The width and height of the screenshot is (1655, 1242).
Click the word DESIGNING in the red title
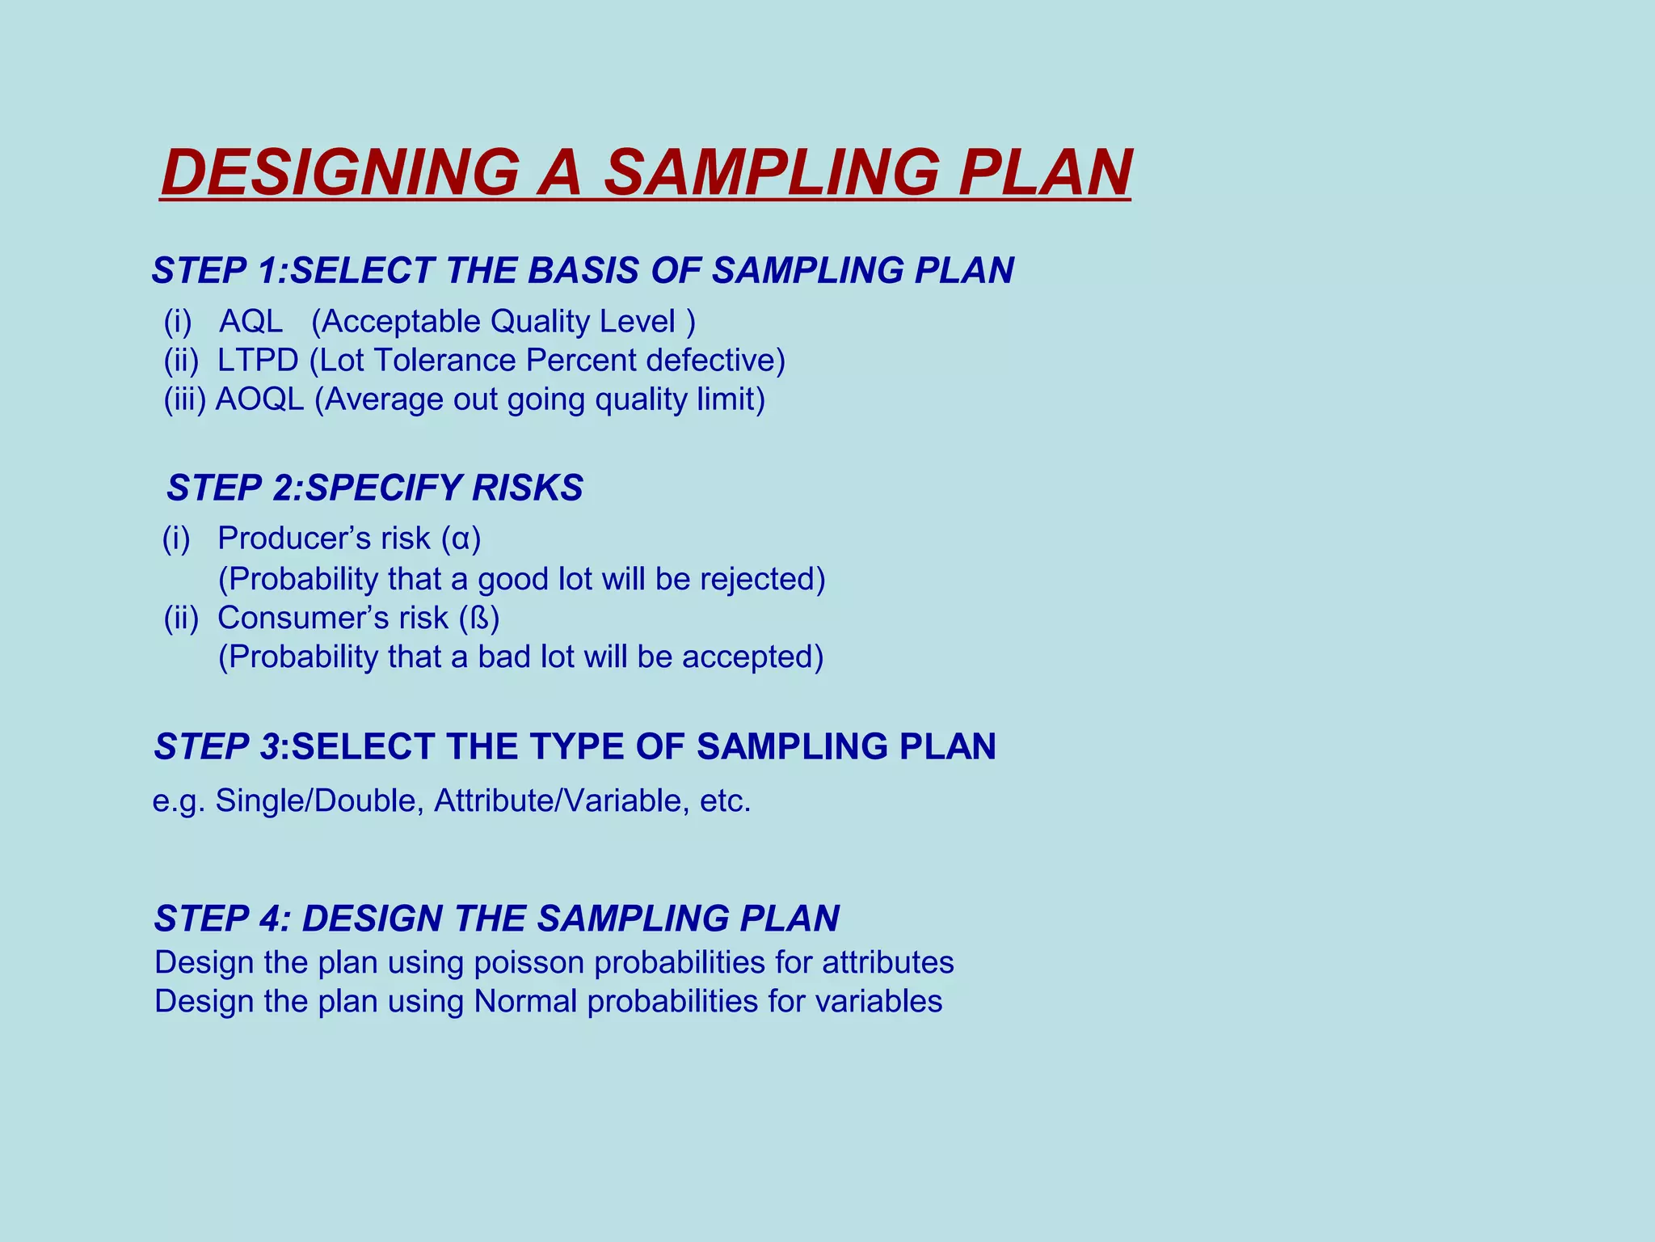click(340, 172)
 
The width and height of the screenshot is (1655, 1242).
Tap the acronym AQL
click(251, 322)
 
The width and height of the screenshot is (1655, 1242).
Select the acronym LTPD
click(258, 361)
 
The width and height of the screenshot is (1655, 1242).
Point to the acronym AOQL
click(259, 399)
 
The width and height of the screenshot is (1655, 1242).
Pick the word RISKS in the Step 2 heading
click(528, 488)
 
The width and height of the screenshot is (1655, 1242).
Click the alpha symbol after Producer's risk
click(461, 539)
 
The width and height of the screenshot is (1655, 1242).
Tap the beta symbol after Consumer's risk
click(479, 619)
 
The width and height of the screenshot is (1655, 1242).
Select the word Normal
click(525, 1002)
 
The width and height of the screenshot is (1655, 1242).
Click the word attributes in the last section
click(888, 963)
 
